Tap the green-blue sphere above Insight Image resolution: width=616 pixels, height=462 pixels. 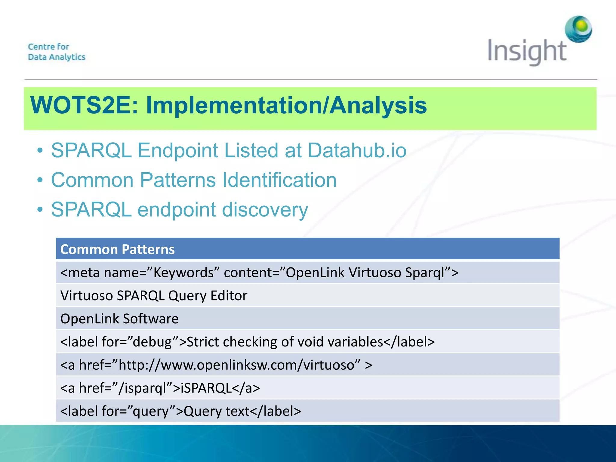pyautogui.click(x=578, y=29)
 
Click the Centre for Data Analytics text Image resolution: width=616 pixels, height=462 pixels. pyautogui.click(x=57, y=52)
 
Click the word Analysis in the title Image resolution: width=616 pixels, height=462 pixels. pyautogui.click(x=378, y=106)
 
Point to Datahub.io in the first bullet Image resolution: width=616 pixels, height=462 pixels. pyautogui.click(x=357, y=150)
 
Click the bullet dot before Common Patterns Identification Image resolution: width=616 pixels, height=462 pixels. pyautogui.click(x=40, y=180)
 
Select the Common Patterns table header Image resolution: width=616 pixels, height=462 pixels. pyautogui.click(x=117, y=249)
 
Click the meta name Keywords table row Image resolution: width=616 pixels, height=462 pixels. pyautogui.click(x=259, y=273)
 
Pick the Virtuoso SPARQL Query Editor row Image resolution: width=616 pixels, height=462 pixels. pyautogui.click(x=154, y=296)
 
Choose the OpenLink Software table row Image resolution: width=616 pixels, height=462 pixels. pyautogui.click(x=119, y=319)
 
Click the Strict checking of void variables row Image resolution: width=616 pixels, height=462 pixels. pyautogui.click(x=247, y=342)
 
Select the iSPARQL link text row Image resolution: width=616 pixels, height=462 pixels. pyautogui.click(x=160, y=388)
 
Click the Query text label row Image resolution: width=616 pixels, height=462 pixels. pyautogui.click(x=180, y=411)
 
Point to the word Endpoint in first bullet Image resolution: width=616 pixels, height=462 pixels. pyautogui.click(x=177, y=150)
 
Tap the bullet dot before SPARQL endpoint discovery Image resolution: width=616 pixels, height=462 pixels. pyautogui.click(x=40, y=210)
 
